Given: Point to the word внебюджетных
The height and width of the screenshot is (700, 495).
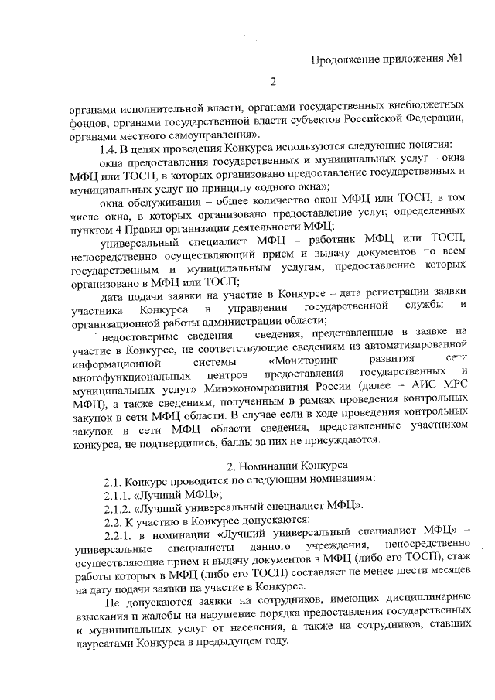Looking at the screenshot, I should pyautogui.click(x=426, y=104).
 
